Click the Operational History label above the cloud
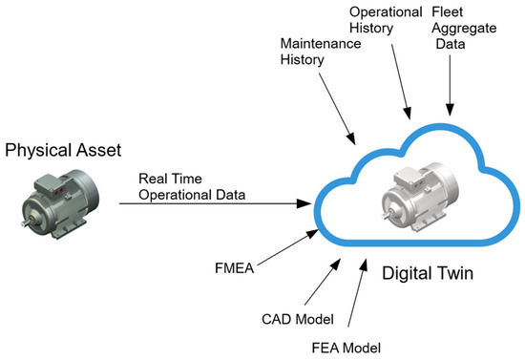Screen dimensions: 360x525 point(387,21)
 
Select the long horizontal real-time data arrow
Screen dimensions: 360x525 point(220,202)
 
